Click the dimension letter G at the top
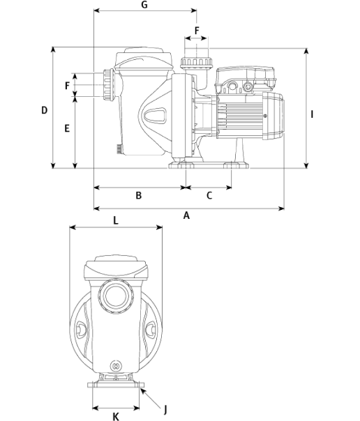(x=144, y=5)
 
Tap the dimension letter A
(x=186, y=215)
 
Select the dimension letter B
(x=138, y=195)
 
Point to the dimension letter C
(x=209, y=195)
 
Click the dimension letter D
(x=45, y=110)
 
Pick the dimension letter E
(x=67, y=128)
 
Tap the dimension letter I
(x=312, y=114)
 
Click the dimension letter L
(x=116, y=220)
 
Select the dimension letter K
(x=116, y=416)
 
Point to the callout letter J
(x=165, y=410)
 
